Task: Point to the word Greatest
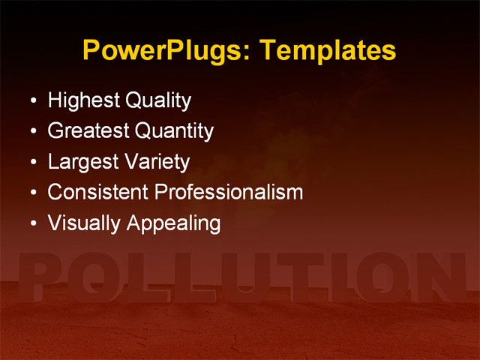[88, 131]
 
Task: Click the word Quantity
[174, 131]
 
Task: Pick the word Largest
[80, 162]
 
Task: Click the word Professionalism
[228, 192]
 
